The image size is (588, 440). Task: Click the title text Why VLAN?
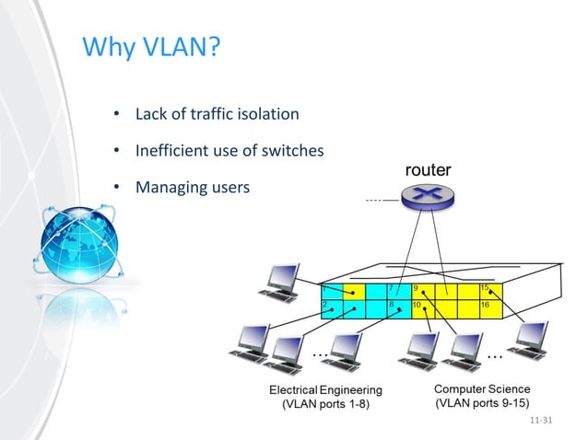(152, 46)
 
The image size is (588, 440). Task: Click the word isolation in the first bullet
(266, 115)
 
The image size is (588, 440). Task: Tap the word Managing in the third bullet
(169, 188)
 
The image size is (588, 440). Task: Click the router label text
(428, 170)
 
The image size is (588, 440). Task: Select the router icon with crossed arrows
(429, 196)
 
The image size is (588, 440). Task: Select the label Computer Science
(482, 389)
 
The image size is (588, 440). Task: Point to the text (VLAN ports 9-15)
(482, 404)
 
